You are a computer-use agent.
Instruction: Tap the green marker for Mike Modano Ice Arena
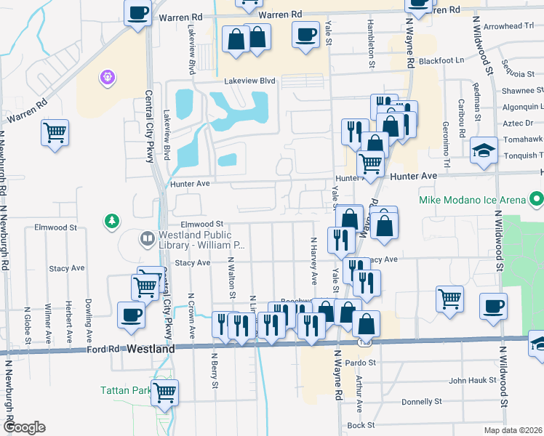point(537,198)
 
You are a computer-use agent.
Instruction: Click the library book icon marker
point(147,238)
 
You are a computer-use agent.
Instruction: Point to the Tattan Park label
point(124,390)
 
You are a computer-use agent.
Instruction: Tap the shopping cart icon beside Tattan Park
point(165,392)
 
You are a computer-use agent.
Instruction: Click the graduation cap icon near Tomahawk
point(484,150)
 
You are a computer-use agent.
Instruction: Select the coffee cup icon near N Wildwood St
point(494,305)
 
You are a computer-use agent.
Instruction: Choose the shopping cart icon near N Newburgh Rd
point(55,133)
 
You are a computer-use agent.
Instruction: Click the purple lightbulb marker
point(108,76)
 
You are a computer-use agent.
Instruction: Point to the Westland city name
point(151,350)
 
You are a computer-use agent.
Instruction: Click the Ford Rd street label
point(102,350)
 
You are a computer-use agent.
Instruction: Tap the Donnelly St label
point(422,402)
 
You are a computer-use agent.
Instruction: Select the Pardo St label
point(360,362)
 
